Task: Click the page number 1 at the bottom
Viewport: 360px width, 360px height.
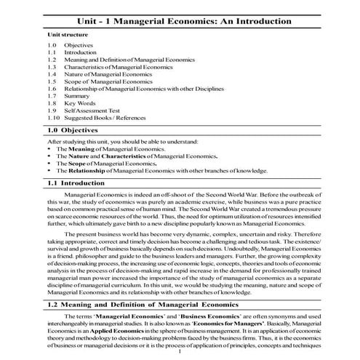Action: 180,356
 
